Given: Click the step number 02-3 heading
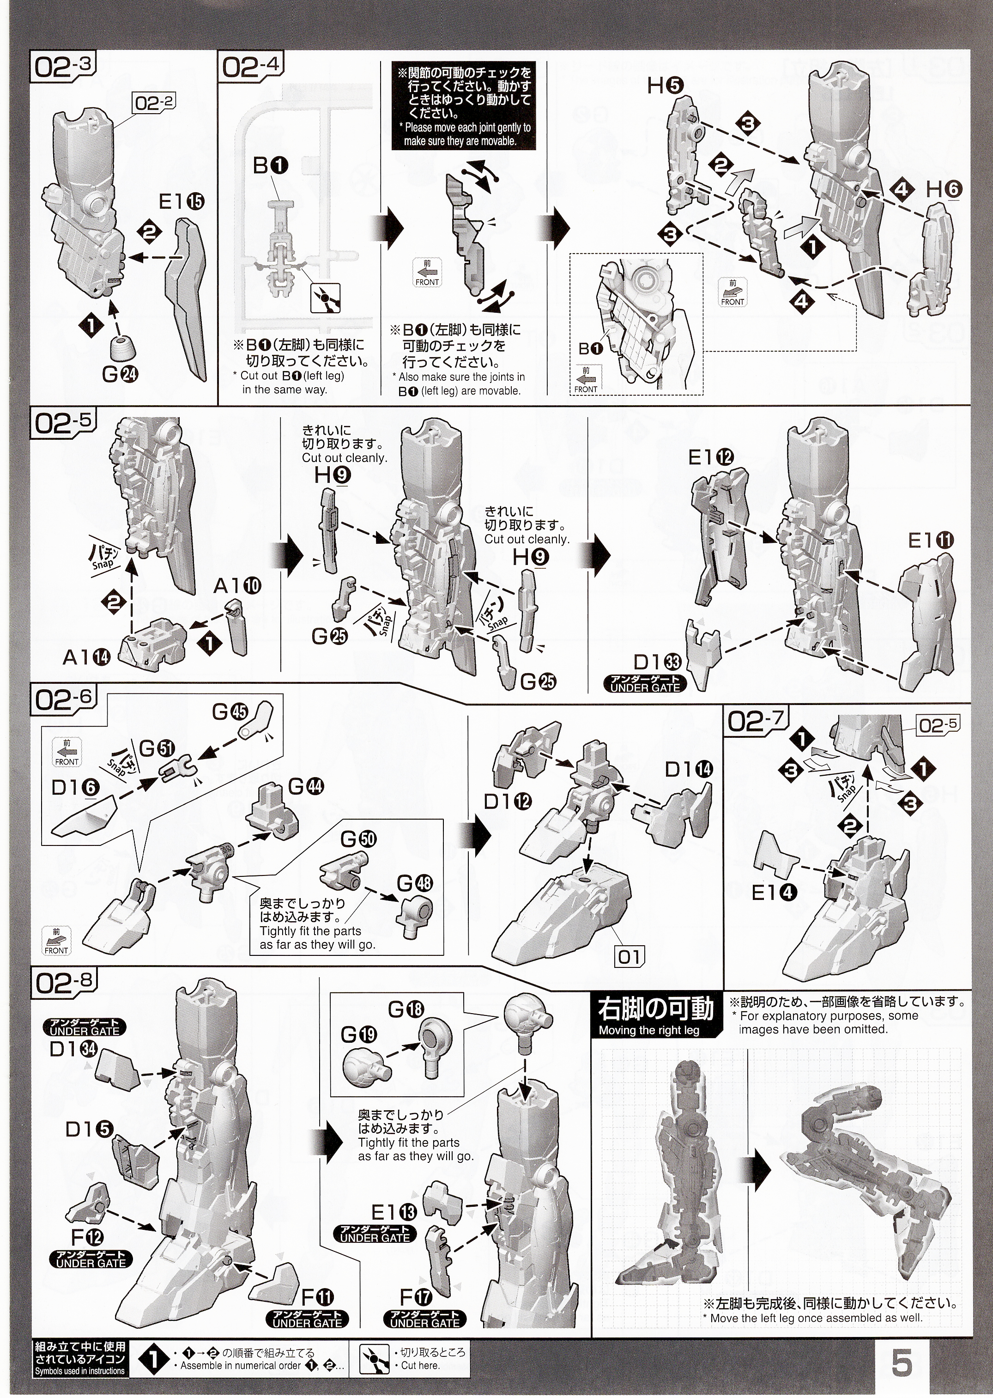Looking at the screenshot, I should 63,67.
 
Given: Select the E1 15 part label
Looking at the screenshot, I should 182,201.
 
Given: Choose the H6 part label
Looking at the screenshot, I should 944,189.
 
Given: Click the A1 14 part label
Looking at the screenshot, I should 86,657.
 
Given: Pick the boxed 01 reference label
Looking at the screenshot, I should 629,957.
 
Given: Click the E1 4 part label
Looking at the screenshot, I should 774,893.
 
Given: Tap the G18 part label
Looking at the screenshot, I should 406,1009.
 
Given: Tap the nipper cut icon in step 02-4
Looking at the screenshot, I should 325,298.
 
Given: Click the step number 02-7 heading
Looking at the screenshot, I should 756,721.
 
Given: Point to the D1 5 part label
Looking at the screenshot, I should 89,1129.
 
